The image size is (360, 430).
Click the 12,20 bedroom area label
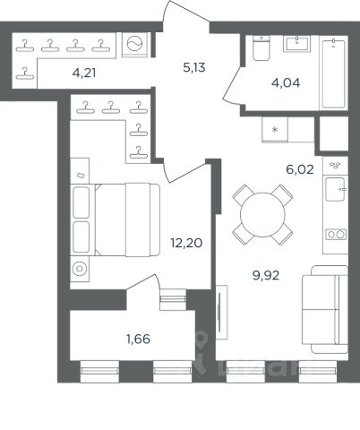pos(186,243)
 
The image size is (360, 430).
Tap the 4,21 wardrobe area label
pos(84,73)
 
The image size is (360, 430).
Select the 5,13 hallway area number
pos(194,68)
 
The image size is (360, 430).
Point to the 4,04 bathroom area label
pos(286,82)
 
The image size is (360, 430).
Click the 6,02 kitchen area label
pos(300,169)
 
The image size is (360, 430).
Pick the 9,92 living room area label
pos(266,275)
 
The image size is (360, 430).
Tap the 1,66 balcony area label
pos(138,339)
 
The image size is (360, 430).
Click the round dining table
pos(262,215)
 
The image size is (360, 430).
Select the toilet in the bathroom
pos(261,47)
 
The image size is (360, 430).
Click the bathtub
pos(333,73)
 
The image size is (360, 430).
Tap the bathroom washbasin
pos(296,44)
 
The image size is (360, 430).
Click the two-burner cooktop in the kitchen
pos(336,235)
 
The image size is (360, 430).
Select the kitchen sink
pos(336,189)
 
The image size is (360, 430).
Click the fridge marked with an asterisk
pos(275,130)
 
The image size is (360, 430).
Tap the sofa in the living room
pos(325,309)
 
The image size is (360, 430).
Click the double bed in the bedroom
pos(116,219)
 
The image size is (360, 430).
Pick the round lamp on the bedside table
pos(80,269)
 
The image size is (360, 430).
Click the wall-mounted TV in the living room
pos(220,312)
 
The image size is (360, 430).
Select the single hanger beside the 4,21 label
pos(25,73)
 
